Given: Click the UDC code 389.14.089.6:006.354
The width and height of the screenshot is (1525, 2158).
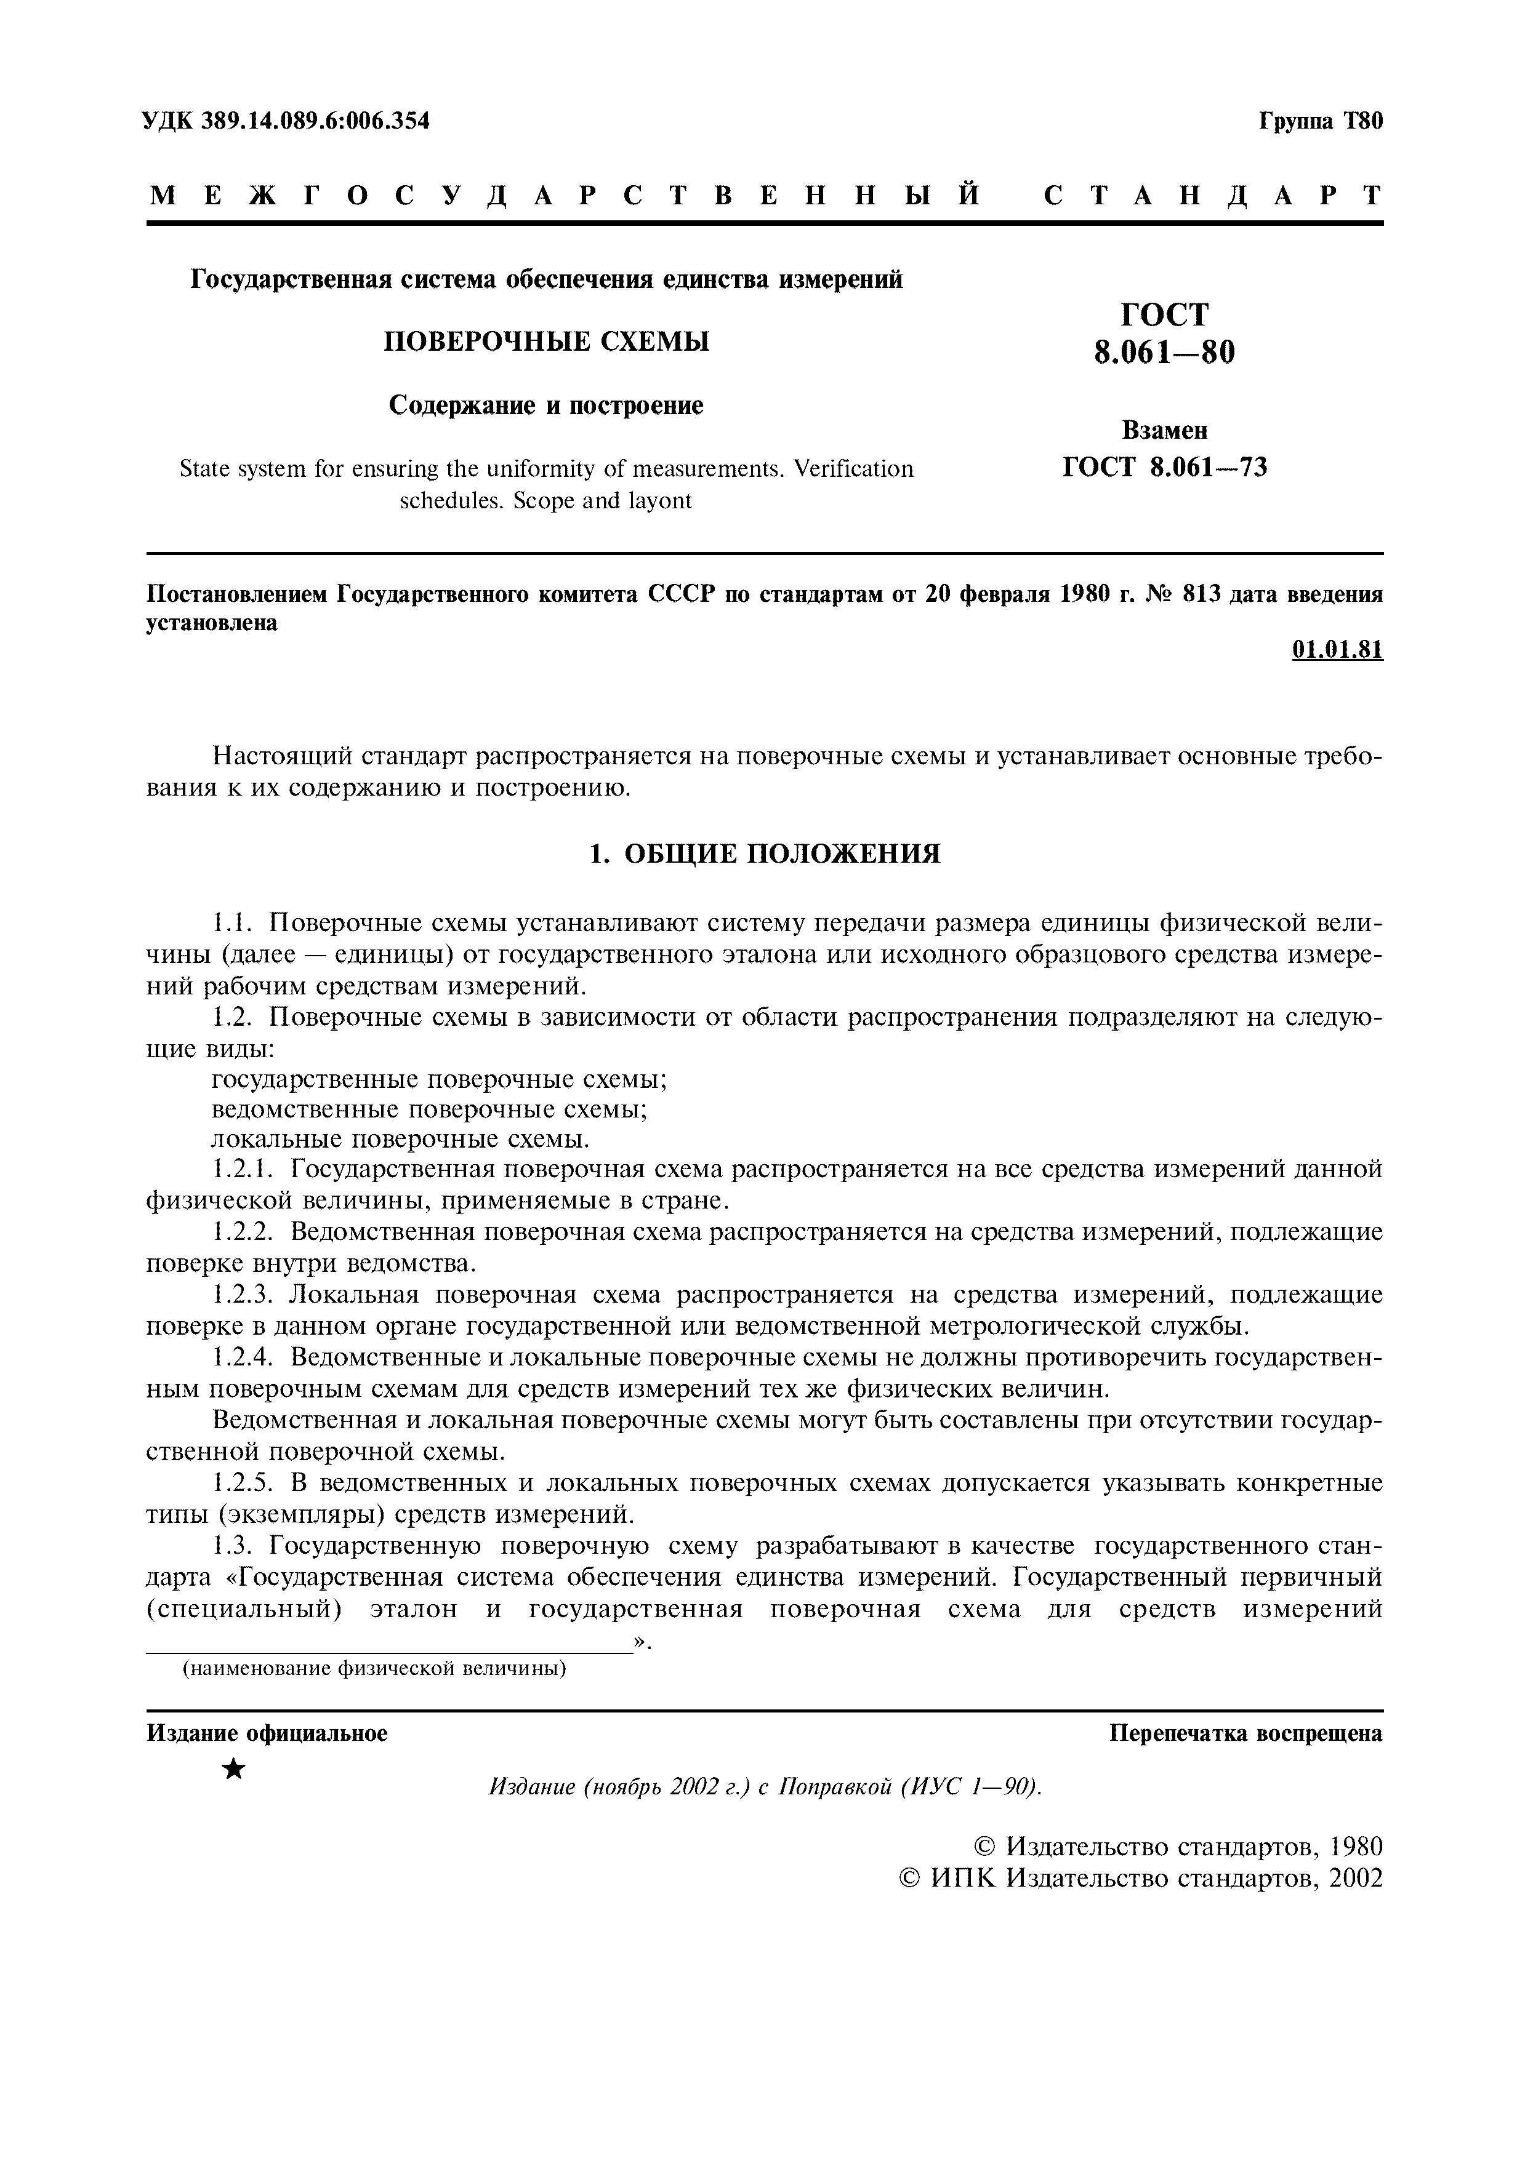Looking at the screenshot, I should (314, 121).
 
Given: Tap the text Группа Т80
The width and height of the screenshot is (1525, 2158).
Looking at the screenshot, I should (1320, 121).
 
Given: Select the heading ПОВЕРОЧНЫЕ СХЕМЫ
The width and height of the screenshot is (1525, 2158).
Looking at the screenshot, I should (546, 341).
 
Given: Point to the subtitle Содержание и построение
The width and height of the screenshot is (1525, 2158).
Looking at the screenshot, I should (546, 405).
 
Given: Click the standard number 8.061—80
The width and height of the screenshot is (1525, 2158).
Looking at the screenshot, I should (1164, 353).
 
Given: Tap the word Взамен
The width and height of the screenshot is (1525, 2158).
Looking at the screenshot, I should (1164, 431).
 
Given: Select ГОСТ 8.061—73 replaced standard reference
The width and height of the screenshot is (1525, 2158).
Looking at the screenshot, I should (1164, 466).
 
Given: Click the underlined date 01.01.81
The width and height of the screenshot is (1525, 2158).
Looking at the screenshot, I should (1337, 649).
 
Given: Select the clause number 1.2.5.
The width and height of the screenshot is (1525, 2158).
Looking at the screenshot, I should (241, 1483).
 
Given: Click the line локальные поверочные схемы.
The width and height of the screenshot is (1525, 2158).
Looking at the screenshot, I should (401, 1139).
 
